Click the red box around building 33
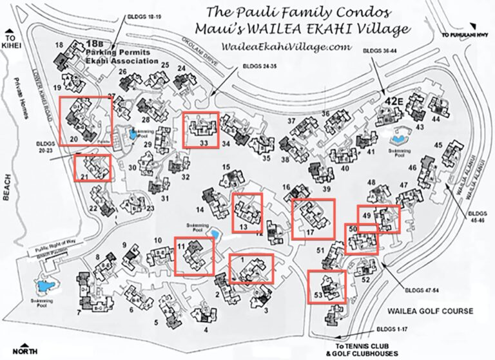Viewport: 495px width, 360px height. pyautogui.click(x=200, y=130)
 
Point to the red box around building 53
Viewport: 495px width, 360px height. pyautogui.click(x=327, y=287)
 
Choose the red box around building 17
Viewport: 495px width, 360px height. pyautogui.click(x=313, y=219)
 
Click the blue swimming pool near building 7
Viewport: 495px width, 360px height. pyautogui.click(x=46, y=287)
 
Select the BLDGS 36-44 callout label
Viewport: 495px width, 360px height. pyautogui.click(x=380, y=49)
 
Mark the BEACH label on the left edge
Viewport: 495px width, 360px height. pyautogui.click(x=8, y=187)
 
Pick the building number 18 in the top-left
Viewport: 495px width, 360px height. pyautogui.click(x=59, y=45)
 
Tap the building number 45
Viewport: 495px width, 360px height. pyautogui.click(x=439, y=145)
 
